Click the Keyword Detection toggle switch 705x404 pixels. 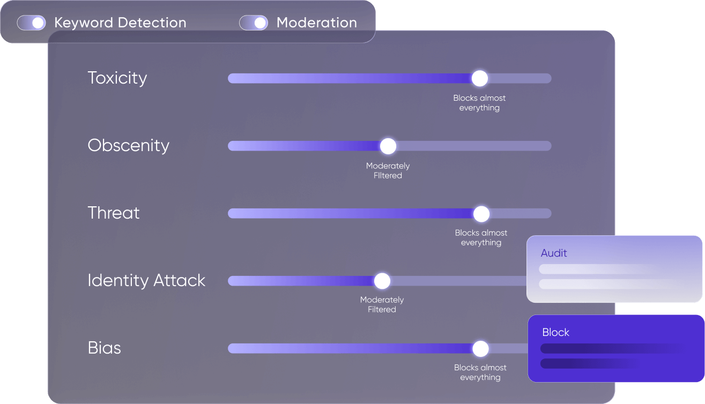(x=32, y=23)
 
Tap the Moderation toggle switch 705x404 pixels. (x=254, y=23)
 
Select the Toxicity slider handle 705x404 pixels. (x=480, y=78)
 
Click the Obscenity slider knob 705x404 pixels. (x=388, y=146)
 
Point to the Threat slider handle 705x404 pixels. (x=481, y=214)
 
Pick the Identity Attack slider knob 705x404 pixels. (x=382, y=281)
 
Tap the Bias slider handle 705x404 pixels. (x=480, y=349)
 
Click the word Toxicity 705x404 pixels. (x=117, y=78)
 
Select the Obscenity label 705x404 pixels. (x=129, y=146)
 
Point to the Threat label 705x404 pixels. (x=114, y=213)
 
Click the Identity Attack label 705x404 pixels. (x=146, y=281)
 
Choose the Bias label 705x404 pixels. (x=104, y=348)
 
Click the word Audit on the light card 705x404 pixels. (x=554, y=253)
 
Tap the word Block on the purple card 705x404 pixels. (x=555, y=332)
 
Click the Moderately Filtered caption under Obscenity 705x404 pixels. (x=388, y=170)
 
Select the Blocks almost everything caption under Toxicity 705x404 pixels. (x=479, y=103)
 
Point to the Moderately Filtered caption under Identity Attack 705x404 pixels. (x=382, y=304)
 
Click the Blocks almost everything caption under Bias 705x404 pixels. (x=480, y=372)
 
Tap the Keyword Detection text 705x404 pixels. (x=120, y=23)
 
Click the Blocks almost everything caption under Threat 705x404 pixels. (x=481, y=237)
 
